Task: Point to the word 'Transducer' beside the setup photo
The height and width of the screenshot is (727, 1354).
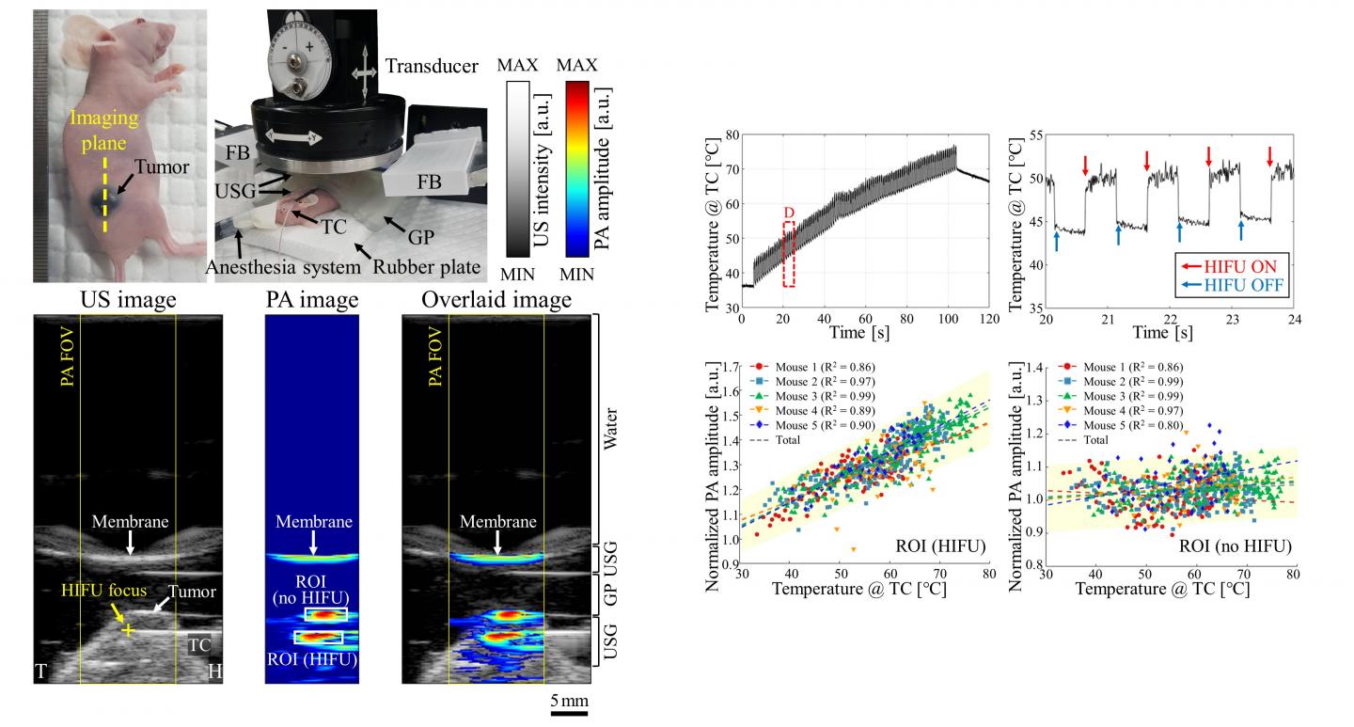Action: (x=432, y=66)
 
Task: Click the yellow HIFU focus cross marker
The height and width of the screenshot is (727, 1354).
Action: (x=128, y=629)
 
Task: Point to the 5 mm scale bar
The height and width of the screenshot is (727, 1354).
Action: (x=569, y=713)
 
